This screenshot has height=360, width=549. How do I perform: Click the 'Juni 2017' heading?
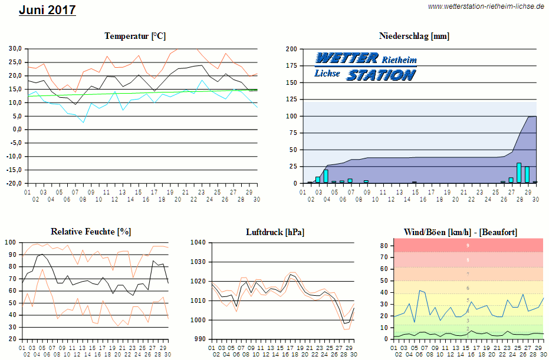click(47, 10)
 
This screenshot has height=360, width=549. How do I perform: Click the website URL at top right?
click(486, 6)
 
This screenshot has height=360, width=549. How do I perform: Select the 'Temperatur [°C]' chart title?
click(135, 36)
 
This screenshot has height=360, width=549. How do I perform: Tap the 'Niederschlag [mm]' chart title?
click(414, 36)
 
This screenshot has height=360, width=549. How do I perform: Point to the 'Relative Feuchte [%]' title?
click(91, 232)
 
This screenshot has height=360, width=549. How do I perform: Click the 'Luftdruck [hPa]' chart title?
click(275, 232)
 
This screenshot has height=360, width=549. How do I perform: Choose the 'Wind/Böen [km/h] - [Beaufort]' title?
click(461, 232)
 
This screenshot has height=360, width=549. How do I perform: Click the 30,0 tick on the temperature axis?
click(15, 48)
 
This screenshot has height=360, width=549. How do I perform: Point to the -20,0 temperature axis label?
click(15, 183)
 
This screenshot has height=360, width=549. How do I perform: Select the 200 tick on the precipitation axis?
click(291, 49)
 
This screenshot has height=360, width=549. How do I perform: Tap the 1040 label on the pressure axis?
click(198, 242)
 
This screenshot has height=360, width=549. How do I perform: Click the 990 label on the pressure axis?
click(200, 339)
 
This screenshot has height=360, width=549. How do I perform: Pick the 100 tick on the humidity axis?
click(10, 242)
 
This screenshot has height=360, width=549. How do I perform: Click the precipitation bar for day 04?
click(326, 176)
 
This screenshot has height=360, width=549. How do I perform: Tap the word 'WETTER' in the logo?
click(347, 58)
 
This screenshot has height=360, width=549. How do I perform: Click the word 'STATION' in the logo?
click(381, 75)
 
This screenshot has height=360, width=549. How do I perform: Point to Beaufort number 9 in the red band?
click(468, 245)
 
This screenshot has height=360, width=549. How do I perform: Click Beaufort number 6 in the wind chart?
click(468, 288)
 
